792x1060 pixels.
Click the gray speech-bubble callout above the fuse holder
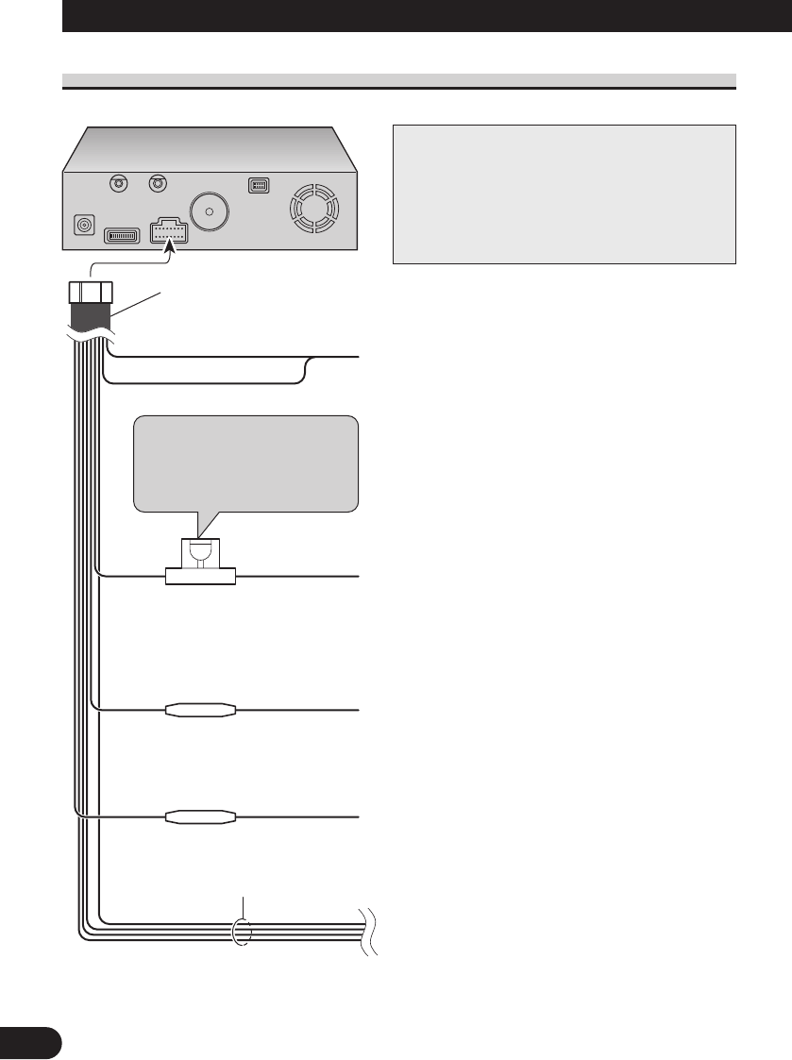tap(246, 463)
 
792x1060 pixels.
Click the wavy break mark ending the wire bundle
tap(367, 933)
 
